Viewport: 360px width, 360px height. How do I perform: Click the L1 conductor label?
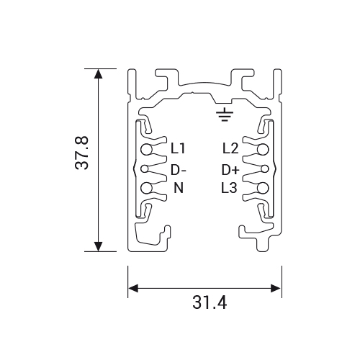point(178,148)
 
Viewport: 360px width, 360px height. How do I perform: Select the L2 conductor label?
point(230,148)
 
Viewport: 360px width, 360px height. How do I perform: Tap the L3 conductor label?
point(229,188)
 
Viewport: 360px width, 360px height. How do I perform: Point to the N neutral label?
point(179,188)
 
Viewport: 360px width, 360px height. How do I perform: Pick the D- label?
point(179,170)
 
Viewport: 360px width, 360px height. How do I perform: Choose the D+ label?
point(230,170)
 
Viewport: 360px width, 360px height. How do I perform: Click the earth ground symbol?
point(225,114)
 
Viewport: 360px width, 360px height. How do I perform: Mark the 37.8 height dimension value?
point(81,153)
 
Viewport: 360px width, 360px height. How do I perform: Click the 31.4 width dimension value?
point(210,303)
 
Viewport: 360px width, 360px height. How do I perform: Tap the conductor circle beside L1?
point(146,149)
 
